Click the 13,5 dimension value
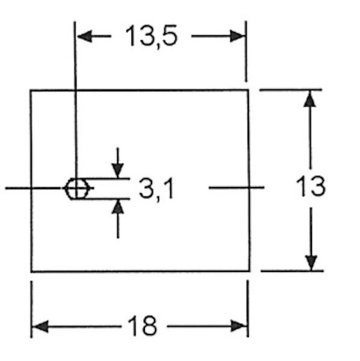pyautogui.click(x=151, y=36)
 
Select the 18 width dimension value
pyautogui.click(x=142, y=326)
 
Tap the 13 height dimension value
pyautogui.click(x=311, y=187)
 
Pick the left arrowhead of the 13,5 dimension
pyautogui.click(x=84, y=36)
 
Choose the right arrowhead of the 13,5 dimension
pyautogui.click(x=237, y=36)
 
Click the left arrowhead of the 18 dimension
pyautogui.click(x=40, y=326)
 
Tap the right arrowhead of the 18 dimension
pyautogui.click(x=239, y=326)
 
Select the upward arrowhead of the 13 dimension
pyautogui.click(x=310, y=99)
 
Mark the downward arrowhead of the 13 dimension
pyautogui.click(x=311, y=263)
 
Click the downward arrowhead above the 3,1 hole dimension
pyautogui.click(x=118, y=171)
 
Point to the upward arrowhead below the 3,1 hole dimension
pyautogui.click(x=118, y=207)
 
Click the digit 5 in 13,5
pyautogui.click(x=169, y=35)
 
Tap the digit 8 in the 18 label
pyautogui.click(x=150, y=326)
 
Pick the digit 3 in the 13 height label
pyautogui.click(x=318, y=187)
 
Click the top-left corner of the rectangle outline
pyautogui.click(x=31, y=91)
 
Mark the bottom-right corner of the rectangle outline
pyautogui.click(x=249, y=271)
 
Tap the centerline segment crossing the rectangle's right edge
pyautogui.click(x=236, y=188)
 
